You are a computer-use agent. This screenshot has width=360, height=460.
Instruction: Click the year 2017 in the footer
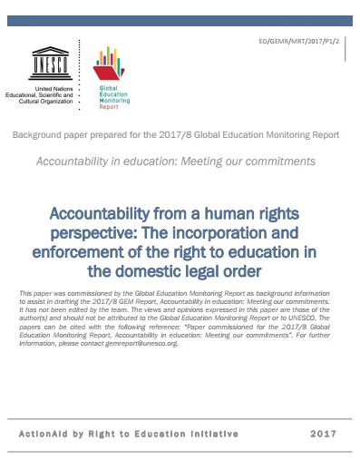click(323, 434)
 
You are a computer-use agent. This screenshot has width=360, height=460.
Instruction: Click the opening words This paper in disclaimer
click(34, 295)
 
